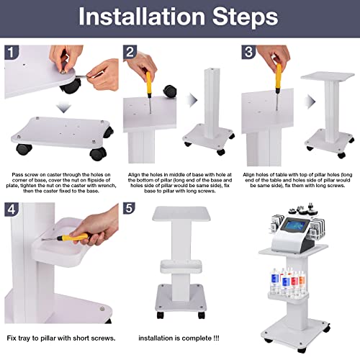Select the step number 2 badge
130,52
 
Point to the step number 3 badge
248,52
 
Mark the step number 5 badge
130,210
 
